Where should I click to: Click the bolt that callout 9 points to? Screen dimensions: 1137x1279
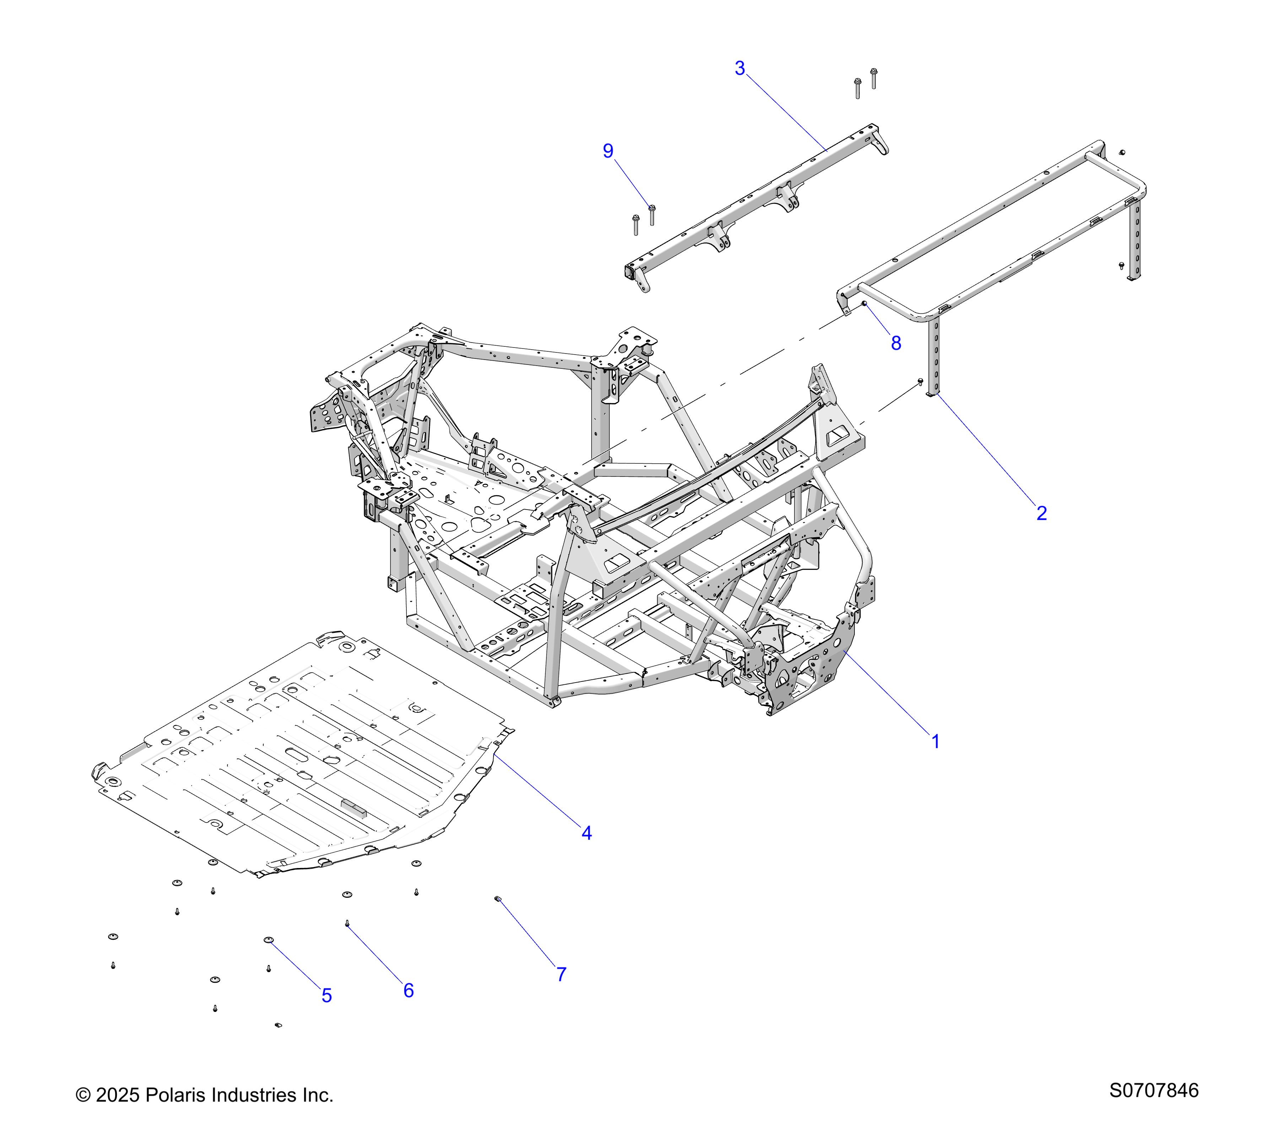(651, 213)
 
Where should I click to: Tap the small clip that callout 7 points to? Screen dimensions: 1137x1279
(498, 899)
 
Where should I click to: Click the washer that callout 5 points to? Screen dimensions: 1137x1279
(269, 940)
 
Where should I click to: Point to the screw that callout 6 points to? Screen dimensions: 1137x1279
(347, 923)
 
